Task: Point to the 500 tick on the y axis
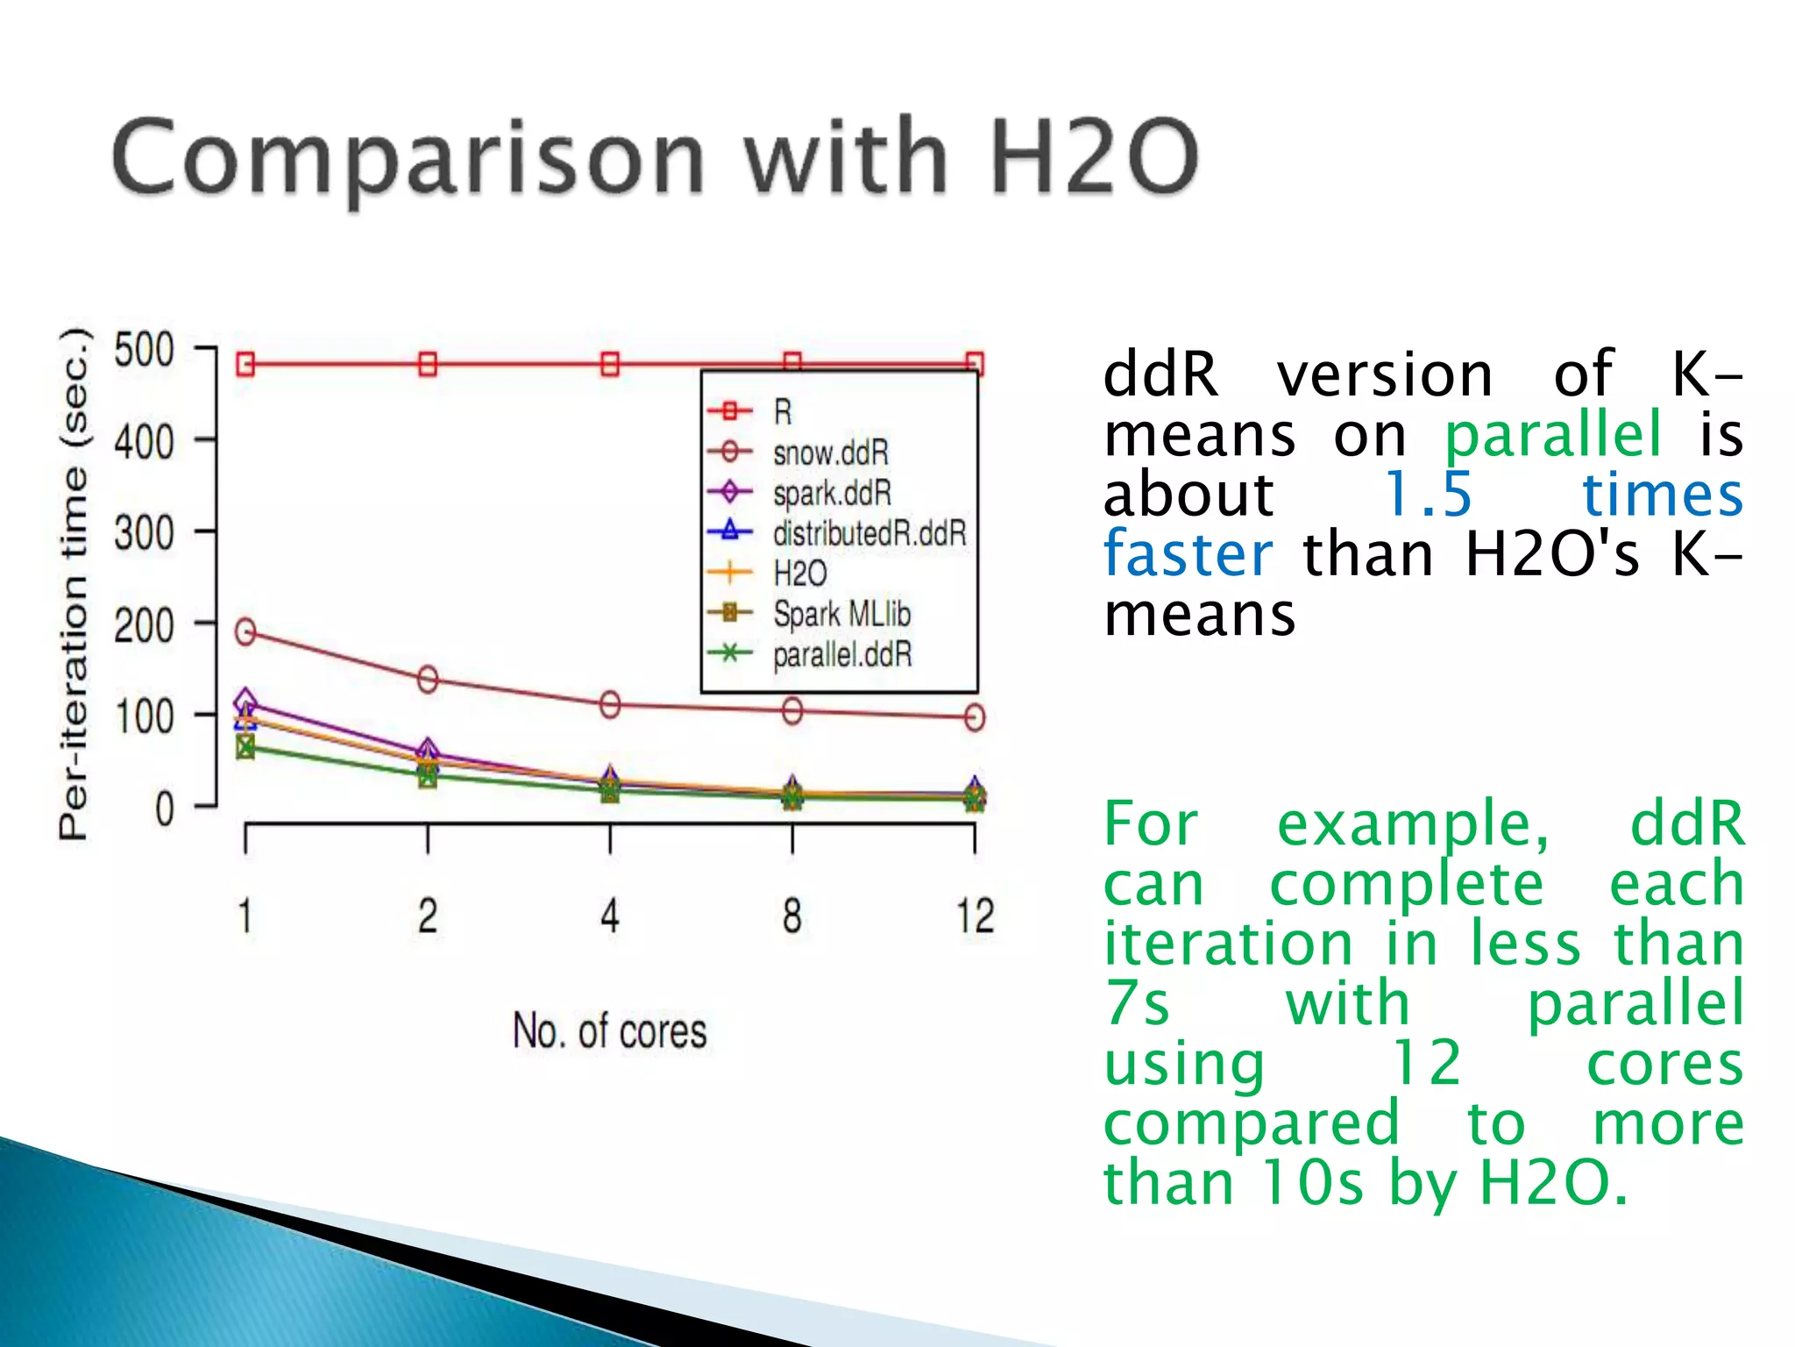pyautogui.click(x=145, y=351)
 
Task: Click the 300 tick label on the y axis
pyautogui.click(x=145, y=533)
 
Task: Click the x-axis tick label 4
pyautogui.click(x=610, y=916)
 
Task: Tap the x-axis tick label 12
pyautogui.click(x=975, y=916)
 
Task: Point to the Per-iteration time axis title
pyautogui.click(x=75, y=583)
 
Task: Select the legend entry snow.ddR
pyautogui.click(x=830, y=453)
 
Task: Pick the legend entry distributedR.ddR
pyautogui.click(x=869, y=533)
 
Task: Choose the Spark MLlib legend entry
pyautogui.click(x=841, y=614)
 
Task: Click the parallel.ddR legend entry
pyautogui.click(x=841, y=654)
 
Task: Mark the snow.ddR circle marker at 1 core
pyautogui.click(x=245, y=631)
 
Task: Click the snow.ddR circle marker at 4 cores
pyautogui.click(x=610, y=704)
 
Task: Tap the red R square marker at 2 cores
pyautogui.click(x=428, y=364)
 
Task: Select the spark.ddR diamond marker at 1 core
pyautogui.click(x=245, y=701)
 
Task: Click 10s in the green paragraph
pyautogui.click(x=1311, y=1183)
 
